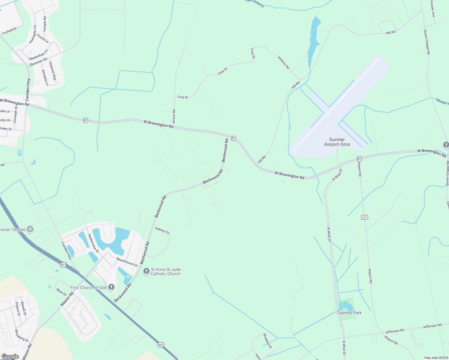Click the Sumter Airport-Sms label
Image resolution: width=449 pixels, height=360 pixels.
point(337,142)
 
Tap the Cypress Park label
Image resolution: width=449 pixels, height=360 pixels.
point(349,313)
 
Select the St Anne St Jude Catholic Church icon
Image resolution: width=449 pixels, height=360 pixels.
point(146,271)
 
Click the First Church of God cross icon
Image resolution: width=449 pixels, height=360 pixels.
point(111,287)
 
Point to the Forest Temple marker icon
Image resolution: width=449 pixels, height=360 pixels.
point(30,229)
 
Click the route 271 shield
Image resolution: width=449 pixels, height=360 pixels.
point(364,217)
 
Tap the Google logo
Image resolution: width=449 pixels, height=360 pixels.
point(10,356)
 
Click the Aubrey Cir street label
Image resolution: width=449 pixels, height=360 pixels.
point(162,230)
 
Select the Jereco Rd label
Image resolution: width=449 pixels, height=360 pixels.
point(174,117)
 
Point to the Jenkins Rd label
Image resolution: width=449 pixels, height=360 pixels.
point(283,63)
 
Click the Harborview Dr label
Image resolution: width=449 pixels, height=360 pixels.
point(93,242)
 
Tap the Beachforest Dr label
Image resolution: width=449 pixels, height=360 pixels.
point(127,262)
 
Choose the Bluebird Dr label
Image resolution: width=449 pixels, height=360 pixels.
point(267,341)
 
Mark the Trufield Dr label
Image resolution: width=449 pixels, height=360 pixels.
point(9,31)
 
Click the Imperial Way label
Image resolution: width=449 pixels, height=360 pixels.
point(53,70)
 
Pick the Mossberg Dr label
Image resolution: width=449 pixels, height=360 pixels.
point(22,335)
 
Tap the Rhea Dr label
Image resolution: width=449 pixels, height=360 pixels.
point(62,292)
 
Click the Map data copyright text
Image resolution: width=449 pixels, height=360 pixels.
point(436,358)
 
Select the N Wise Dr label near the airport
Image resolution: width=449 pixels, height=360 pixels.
point(337,175)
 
